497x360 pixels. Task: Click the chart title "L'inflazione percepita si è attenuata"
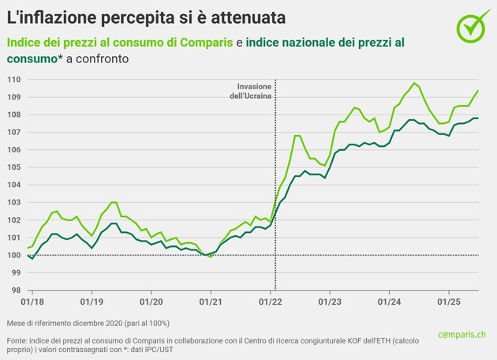click(147, 17)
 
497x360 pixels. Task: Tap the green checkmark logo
click(472, 26)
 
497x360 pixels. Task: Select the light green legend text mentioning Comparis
click(120, 42)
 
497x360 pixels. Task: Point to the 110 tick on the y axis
click(13, 80)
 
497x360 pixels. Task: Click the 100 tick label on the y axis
click(13, 255)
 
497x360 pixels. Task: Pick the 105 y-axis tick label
click(13, 167)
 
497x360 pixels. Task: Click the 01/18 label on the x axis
click(31, 302)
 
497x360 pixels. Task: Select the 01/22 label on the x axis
click(271, 302)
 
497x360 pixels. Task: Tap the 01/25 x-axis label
click(450, 302)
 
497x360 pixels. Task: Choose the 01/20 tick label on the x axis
click(151, 302)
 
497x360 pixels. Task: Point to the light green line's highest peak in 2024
click(414, 83)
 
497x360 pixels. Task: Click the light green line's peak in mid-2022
click(297, 136)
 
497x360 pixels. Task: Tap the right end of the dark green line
click(478, 118)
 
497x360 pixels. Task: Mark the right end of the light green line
click(478, 91)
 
